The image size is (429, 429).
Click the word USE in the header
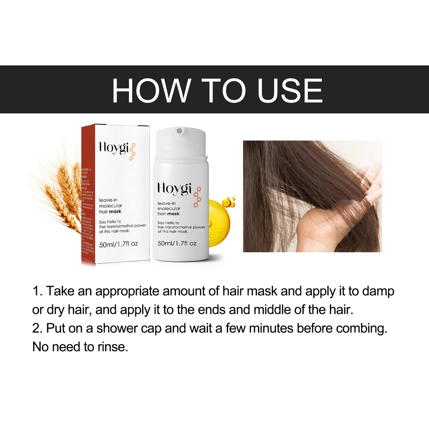290,91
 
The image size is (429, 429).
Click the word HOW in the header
151,91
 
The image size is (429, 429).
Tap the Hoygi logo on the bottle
174,188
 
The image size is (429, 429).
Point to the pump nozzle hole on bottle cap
179,131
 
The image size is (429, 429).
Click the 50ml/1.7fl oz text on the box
118,244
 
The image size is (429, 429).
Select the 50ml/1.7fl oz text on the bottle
177,243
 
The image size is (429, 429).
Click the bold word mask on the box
115,212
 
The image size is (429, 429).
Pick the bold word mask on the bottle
174,214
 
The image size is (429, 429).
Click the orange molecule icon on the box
132,152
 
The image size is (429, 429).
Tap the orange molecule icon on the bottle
197,197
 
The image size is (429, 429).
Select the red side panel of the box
88,194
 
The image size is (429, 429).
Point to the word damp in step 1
378,291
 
